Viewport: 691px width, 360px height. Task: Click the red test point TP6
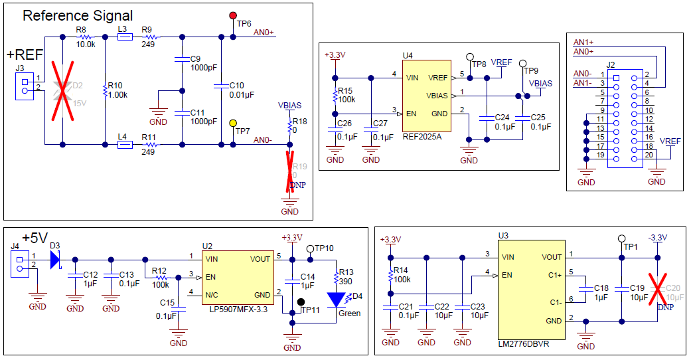pos(233,15)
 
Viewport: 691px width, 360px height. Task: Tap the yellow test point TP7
pos(233,123)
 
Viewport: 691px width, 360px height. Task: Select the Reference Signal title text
pos(78,15)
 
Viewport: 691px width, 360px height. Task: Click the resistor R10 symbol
pos(106,90)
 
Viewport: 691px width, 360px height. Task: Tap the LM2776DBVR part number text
pos(524,345)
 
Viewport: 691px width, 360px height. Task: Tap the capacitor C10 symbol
pos(221,86)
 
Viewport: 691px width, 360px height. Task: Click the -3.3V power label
pos(657,238)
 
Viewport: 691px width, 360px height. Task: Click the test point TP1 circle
pos(622,238)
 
